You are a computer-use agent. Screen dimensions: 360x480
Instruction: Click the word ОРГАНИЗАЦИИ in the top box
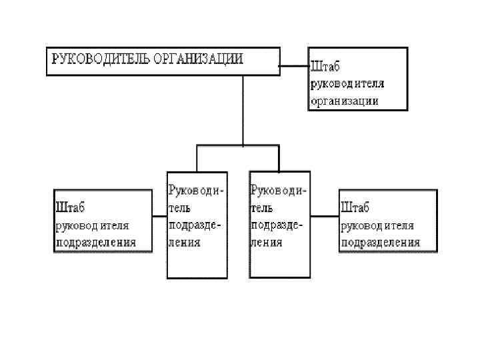[199, 58]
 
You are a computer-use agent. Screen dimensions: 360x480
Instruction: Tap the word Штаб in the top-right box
[326, 67]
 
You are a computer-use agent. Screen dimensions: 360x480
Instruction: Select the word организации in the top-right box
[345, 101]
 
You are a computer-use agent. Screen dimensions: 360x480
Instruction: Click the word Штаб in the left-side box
[71, 207]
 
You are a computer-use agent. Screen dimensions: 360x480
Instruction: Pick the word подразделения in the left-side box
[96, 242]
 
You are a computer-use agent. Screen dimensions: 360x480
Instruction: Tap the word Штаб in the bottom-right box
[355, 207]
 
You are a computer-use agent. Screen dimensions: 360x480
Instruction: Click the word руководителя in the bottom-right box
[377, 225]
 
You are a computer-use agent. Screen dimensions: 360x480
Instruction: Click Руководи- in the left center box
[197, 190]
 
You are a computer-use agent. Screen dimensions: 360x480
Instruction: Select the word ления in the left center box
[185, 242]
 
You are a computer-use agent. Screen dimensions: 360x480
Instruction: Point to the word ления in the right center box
[267, 242]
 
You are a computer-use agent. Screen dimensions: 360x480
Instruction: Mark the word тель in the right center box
[263, 207]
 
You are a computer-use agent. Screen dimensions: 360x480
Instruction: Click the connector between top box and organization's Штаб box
[293, 65]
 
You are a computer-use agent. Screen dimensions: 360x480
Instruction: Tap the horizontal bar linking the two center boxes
[237, 145]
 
